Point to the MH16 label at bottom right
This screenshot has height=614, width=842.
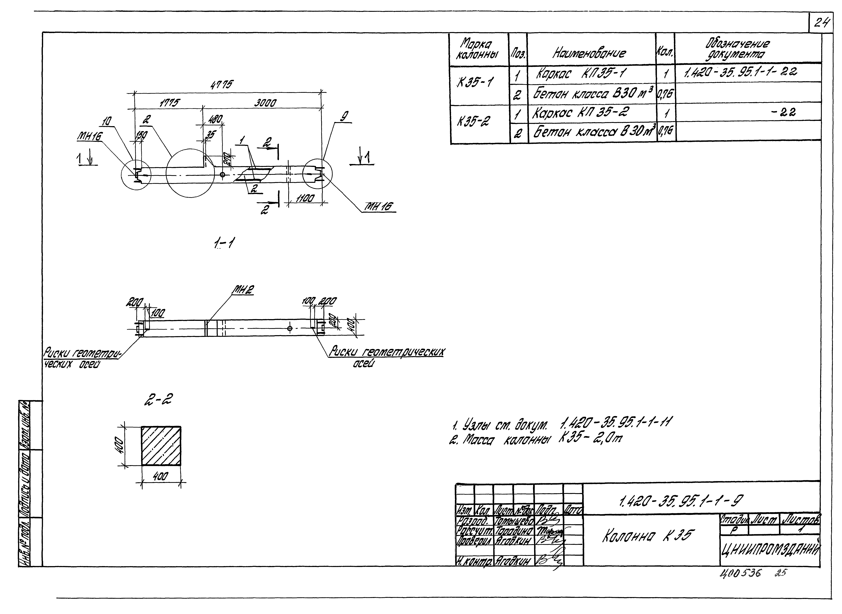point(380,207)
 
